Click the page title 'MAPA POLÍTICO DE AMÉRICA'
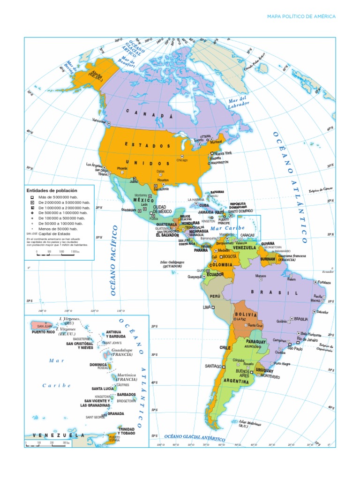pyautogui.click(x=301, y=16)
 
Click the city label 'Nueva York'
pyautogui.click(x=223, y=153)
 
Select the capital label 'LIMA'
pyautogui.click(x=206, y=307)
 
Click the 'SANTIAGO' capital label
pyautogui.click(x=212, y=366)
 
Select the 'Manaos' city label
pyautogui.click(x=261, y=276)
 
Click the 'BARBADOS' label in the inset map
pyautogui.click(x=126, y=394)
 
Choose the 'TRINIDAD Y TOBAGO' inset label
pyautogui.click(x=129, y=431)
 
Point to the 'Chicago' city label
pyautogui.click(x=182, y=160)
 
